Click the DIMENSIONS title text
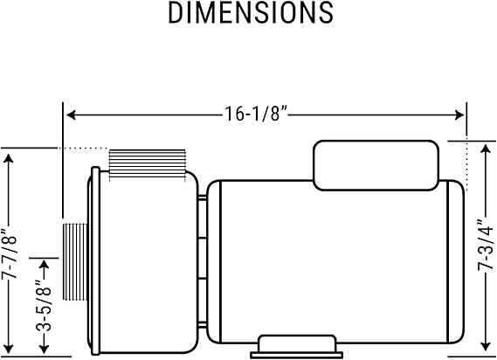251,12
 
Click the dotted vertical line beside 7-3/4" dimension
468,166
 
